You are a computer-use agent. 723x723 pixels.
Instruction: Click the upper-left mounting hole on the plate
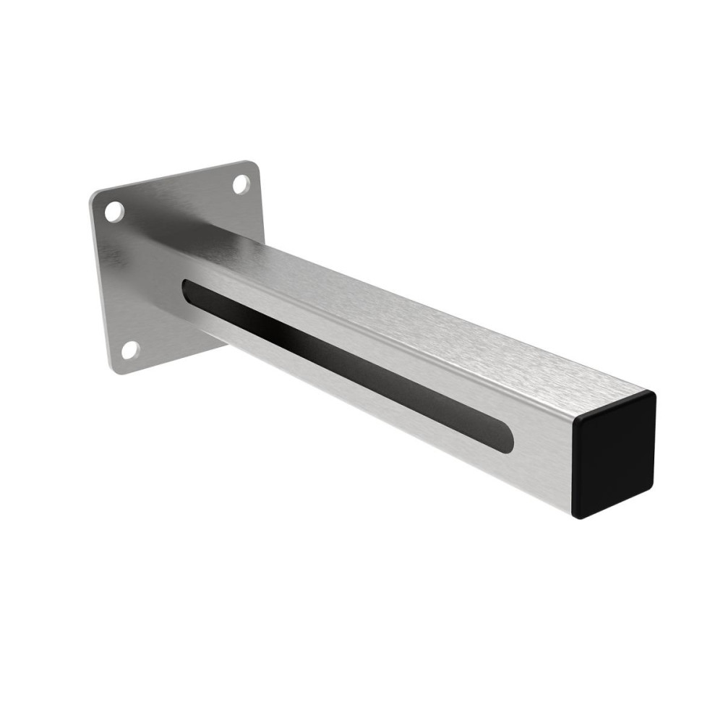[114, 211]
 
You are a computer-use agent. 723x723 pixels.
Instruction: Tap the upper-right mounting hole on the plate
[241, 184]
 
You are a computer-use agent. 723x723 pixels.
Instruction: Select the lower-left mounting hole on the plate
[130, 350]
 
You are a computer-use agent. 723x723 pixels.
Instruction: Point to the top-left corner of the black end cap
[577, 420]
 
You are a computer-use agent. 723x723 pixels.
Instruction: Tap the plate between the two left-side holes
[120, 282]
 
